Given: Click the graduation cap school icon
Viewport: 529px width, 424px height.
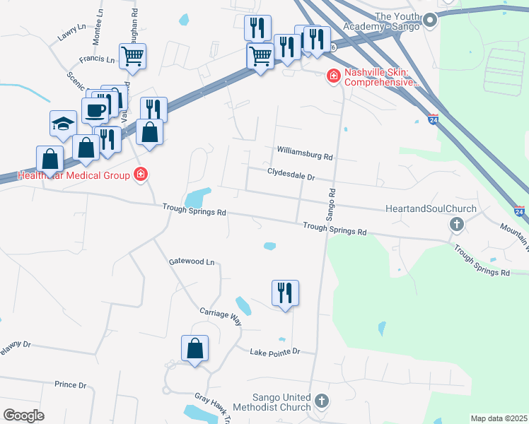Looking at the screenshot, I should pos(63,124).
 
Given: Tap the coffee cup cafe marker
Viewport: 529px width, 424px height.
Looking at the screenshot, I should pos(95,110).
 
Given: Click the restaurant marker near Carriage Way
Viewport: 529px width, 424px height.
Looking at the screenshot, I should pos(285,293).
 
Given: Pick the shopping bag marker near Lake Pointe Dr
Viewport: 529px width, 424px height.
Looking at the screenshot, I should pos(194,348).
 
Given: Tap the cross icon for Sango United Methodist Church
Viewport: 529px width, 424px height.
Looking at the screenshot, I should pos(322,401).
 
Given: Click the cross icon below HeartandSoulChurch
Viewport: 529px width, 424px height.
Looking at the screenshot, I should pos(456,225).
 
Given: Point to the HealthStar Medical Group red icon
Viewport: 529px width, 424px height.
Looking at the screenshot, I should pos(141,175).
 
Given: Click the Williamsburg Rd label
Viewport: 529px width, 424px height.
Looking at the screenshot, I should pos(305,153).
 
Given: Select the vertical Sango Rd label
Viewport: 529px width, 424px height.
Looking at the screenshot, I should pos(331,205).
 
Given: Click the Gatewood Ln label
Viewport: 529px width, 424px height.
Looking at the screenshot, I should pos(191,261).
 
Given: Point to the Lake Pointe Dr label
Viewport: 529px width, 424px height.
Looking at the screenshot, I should pos(275,351).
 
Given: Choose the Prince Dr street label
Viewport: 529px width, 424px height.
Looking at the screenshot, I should pos(70,385).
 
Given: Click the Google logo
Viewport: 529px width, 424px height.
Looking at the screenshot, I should pos(24,416).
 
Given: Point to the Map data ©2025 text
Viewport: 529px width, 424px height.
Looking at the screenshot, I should pos(499,418).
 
